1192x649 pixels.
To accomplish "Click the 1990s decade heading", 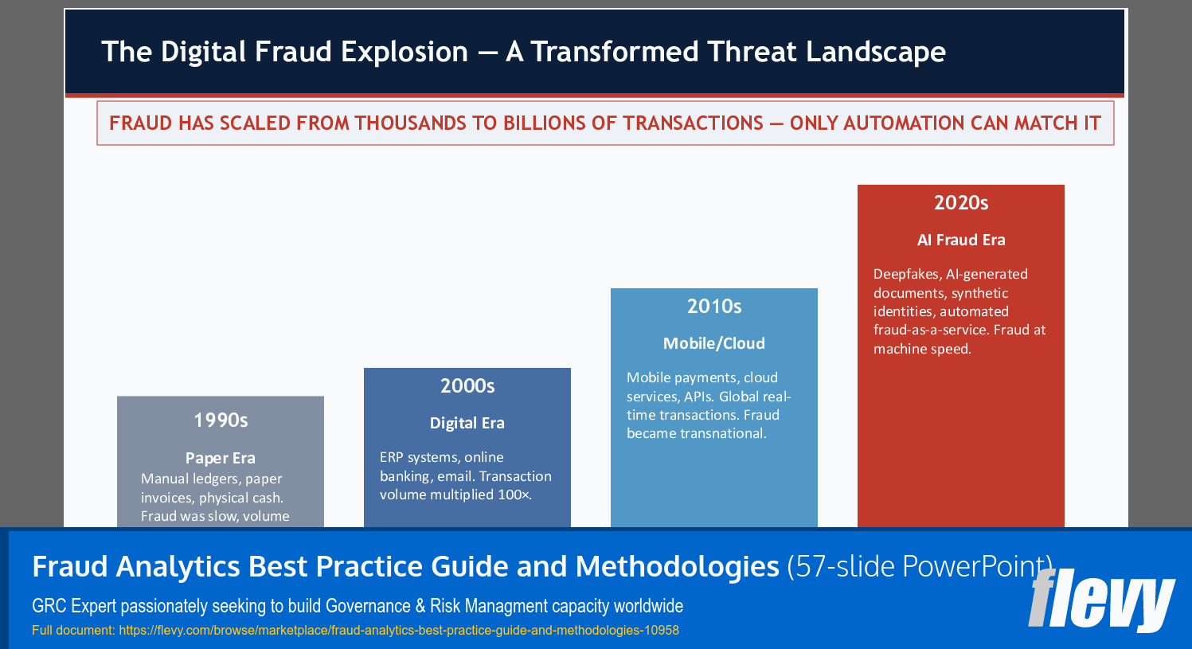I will coord(221,420).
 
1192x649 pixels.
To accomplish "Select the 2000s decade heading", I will coord(467,386).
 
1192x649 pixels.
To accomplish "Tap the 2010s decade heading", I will coord(714,307).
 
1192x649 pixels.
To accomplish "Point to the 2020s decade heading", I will coord(961,203).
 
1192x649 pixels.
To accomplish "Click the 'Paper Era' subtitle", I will coord(221,458).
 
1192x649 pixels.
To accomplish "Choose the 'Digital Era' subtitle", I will coord(467,423).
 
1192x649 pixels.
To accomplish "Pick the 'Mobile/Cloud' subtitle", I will coord(714,343).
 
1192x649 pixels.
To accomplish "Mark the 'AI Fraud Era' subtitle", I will coord(961,240).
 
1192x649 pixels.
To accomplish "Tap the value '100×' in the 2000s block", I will coord(514,495).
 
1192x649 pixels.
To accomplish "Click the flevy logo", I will coord(1101,600).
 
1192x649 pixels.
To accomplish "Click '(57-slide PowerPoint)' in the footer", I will coord(920,566).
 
